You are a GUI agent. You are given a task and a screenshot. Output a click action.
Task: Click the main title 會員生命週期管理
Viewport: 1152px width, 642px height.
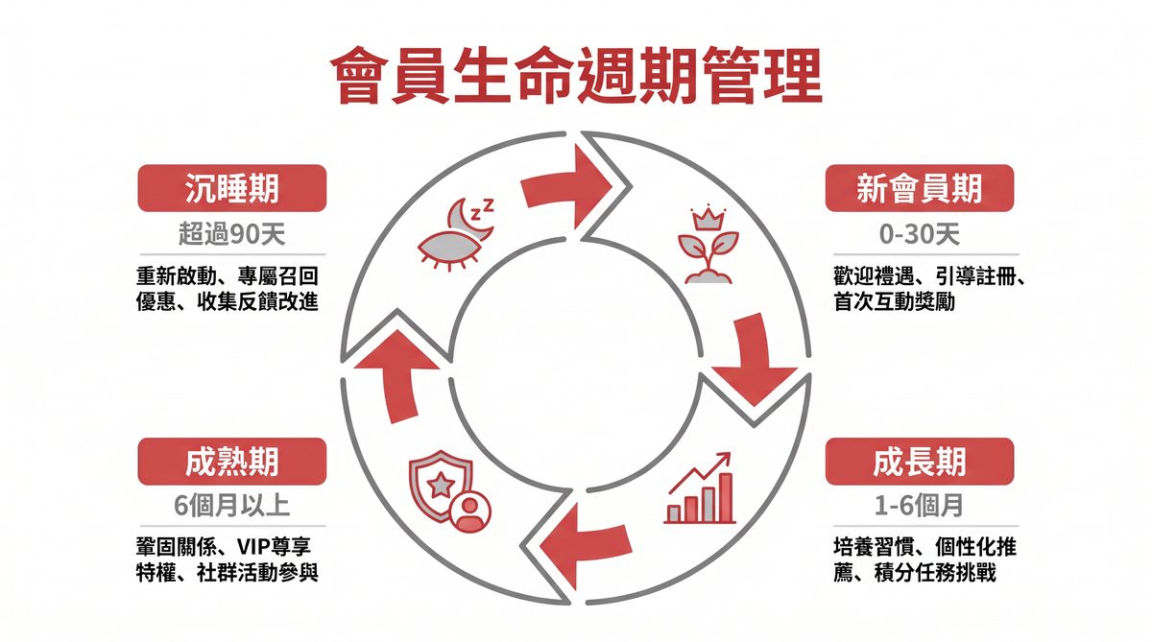tap(576, 77)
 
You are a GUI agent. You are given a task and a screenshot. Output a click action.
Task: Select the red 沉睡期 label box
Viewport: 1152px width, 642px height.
tap(231, 188)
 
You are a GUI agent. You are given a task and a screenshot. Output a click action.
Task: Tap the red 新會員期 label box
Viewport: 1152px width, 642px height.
tap(919, 188)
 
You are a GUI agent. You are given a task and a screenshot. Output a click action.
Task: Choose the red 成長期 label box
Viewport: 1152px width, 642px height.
tap(919, 462)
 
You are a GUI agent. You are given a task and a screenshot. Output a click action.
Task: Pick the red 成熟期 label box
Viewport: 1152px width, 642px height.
tap(231, 462)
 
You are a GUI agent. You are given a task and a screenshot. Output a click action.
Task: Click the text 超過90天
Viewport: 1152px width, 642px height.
tap(231, 233)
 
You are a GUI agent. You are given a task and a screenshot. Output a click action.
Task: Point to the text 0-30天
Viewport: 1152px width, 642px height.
tap(919, 233)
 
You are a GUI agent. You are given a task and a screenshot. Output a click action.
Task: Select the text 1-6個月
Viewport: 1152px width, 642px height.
tap(919, 506)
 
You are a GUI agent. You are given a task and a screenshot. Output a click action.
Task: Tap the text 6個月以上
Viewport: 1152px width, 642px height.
tap(231, 506)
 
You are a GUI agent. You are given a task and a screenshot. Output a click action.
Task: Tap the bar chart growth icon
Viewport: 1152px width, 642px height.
tap(701, 491)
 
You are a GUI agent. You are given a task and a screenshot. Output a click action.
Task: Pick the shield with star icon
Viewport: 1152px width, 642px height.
tap(448, 491)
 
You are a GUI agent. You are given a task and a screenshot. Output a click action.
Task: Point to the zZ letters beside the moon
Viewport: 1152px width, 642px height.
tap(485, 205)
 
